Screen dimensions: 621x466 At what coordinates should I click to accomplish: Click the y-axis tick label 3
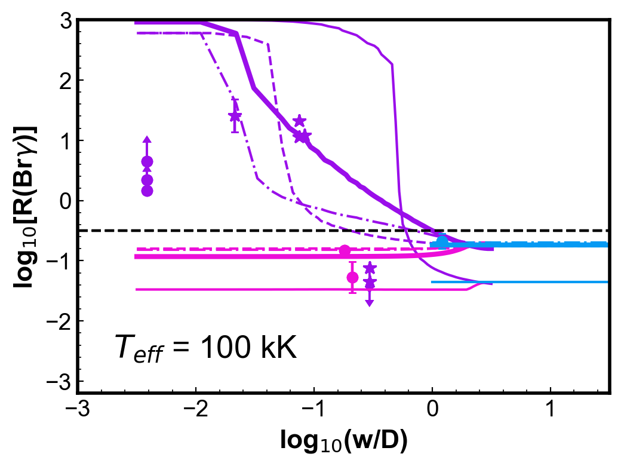66,22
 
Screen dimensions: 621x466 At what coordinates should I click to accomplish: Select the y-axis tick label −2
59,321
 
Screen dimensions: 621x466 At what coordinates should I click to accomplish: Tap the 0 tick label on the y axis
66,201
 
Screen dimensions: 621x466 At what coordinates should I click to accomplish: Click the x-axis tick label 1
551,409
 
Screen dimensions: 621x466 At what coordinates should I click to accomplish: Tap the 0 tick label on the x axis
432,409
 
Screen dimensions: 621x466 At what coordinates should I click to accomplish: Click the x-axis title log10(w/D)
344,441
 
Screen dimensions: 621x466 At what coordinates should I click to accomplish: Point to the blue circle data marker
442,241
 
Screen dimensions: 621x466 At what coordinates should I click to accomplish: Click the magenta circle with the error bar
352,277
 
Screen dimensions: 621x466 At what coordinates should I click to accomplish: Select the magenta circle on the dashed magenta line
345,250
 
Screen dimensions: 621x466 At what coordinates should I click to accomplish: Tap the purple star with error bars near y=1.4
235,116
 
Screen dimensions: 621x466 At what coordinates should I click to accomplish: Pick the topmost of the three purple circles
147,162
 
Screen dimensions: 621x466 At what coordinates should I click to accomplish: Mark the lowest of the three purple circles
147,191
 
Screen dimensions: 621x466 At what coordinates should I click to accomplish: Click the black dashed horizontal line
343,230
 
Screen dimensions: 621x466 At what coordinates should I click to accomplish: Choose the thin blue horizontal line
519,282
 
